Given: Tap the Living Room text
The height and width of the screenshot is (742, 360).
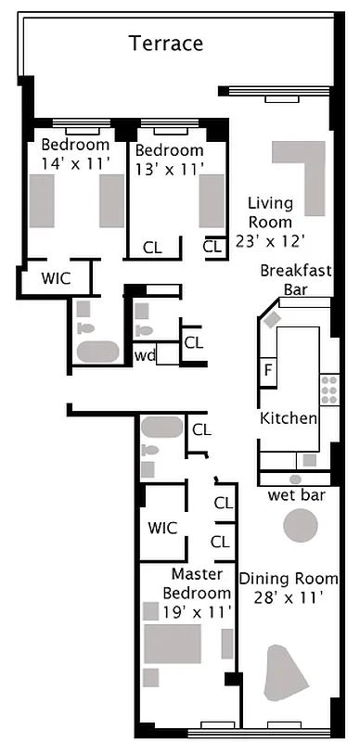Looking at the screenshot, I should pyautogui.click(x=270, y=212).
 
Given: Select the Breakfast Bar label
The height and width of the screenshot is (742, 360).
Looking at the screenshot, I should pyautogui.click(x=296, y=279).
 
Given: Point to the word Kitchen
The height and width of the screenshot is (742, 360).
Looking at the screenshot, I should pyautogui.click(x=289, y=418).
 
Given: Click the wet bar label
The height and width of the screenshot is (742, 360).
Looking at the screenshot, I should pyautogui.click(x=296, y=495).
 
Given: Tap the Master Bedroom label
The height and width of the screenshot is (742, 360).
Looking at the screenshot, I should pyautogui.click(x=197, y=583).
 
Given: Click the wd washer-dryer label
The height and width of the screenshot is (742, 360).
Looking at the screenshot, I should pyautogui.click(x=145, y=354).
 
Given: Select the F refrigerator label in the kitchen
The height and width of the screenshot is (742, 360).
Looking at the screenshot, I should pyautogui.click(x=268, y=371).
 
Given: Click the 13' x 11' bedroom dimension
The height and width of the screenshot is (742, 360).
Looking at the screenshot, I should pyautogui.click(x=169, y=168).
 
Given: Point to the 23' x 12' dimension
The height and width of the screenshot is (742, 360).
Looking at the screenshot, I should pyautogui.click(x=270, y=240).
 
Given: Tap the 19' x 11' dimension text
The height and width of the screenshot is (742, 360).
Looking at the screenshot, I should pyautogui.click(x=197, y=611).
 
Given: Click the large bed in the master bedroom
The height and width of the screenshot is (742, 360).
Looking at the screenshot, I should pyautogui.click(x=172, y=643).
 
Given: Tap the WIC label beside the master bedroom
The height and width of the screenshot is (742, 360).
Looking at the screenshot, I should pyautogui.click(x=162, y=528).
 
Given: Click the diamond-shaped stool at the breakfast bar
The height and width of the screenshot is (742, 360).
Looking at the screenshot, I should pyautogui.click(x=272, y=319).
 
